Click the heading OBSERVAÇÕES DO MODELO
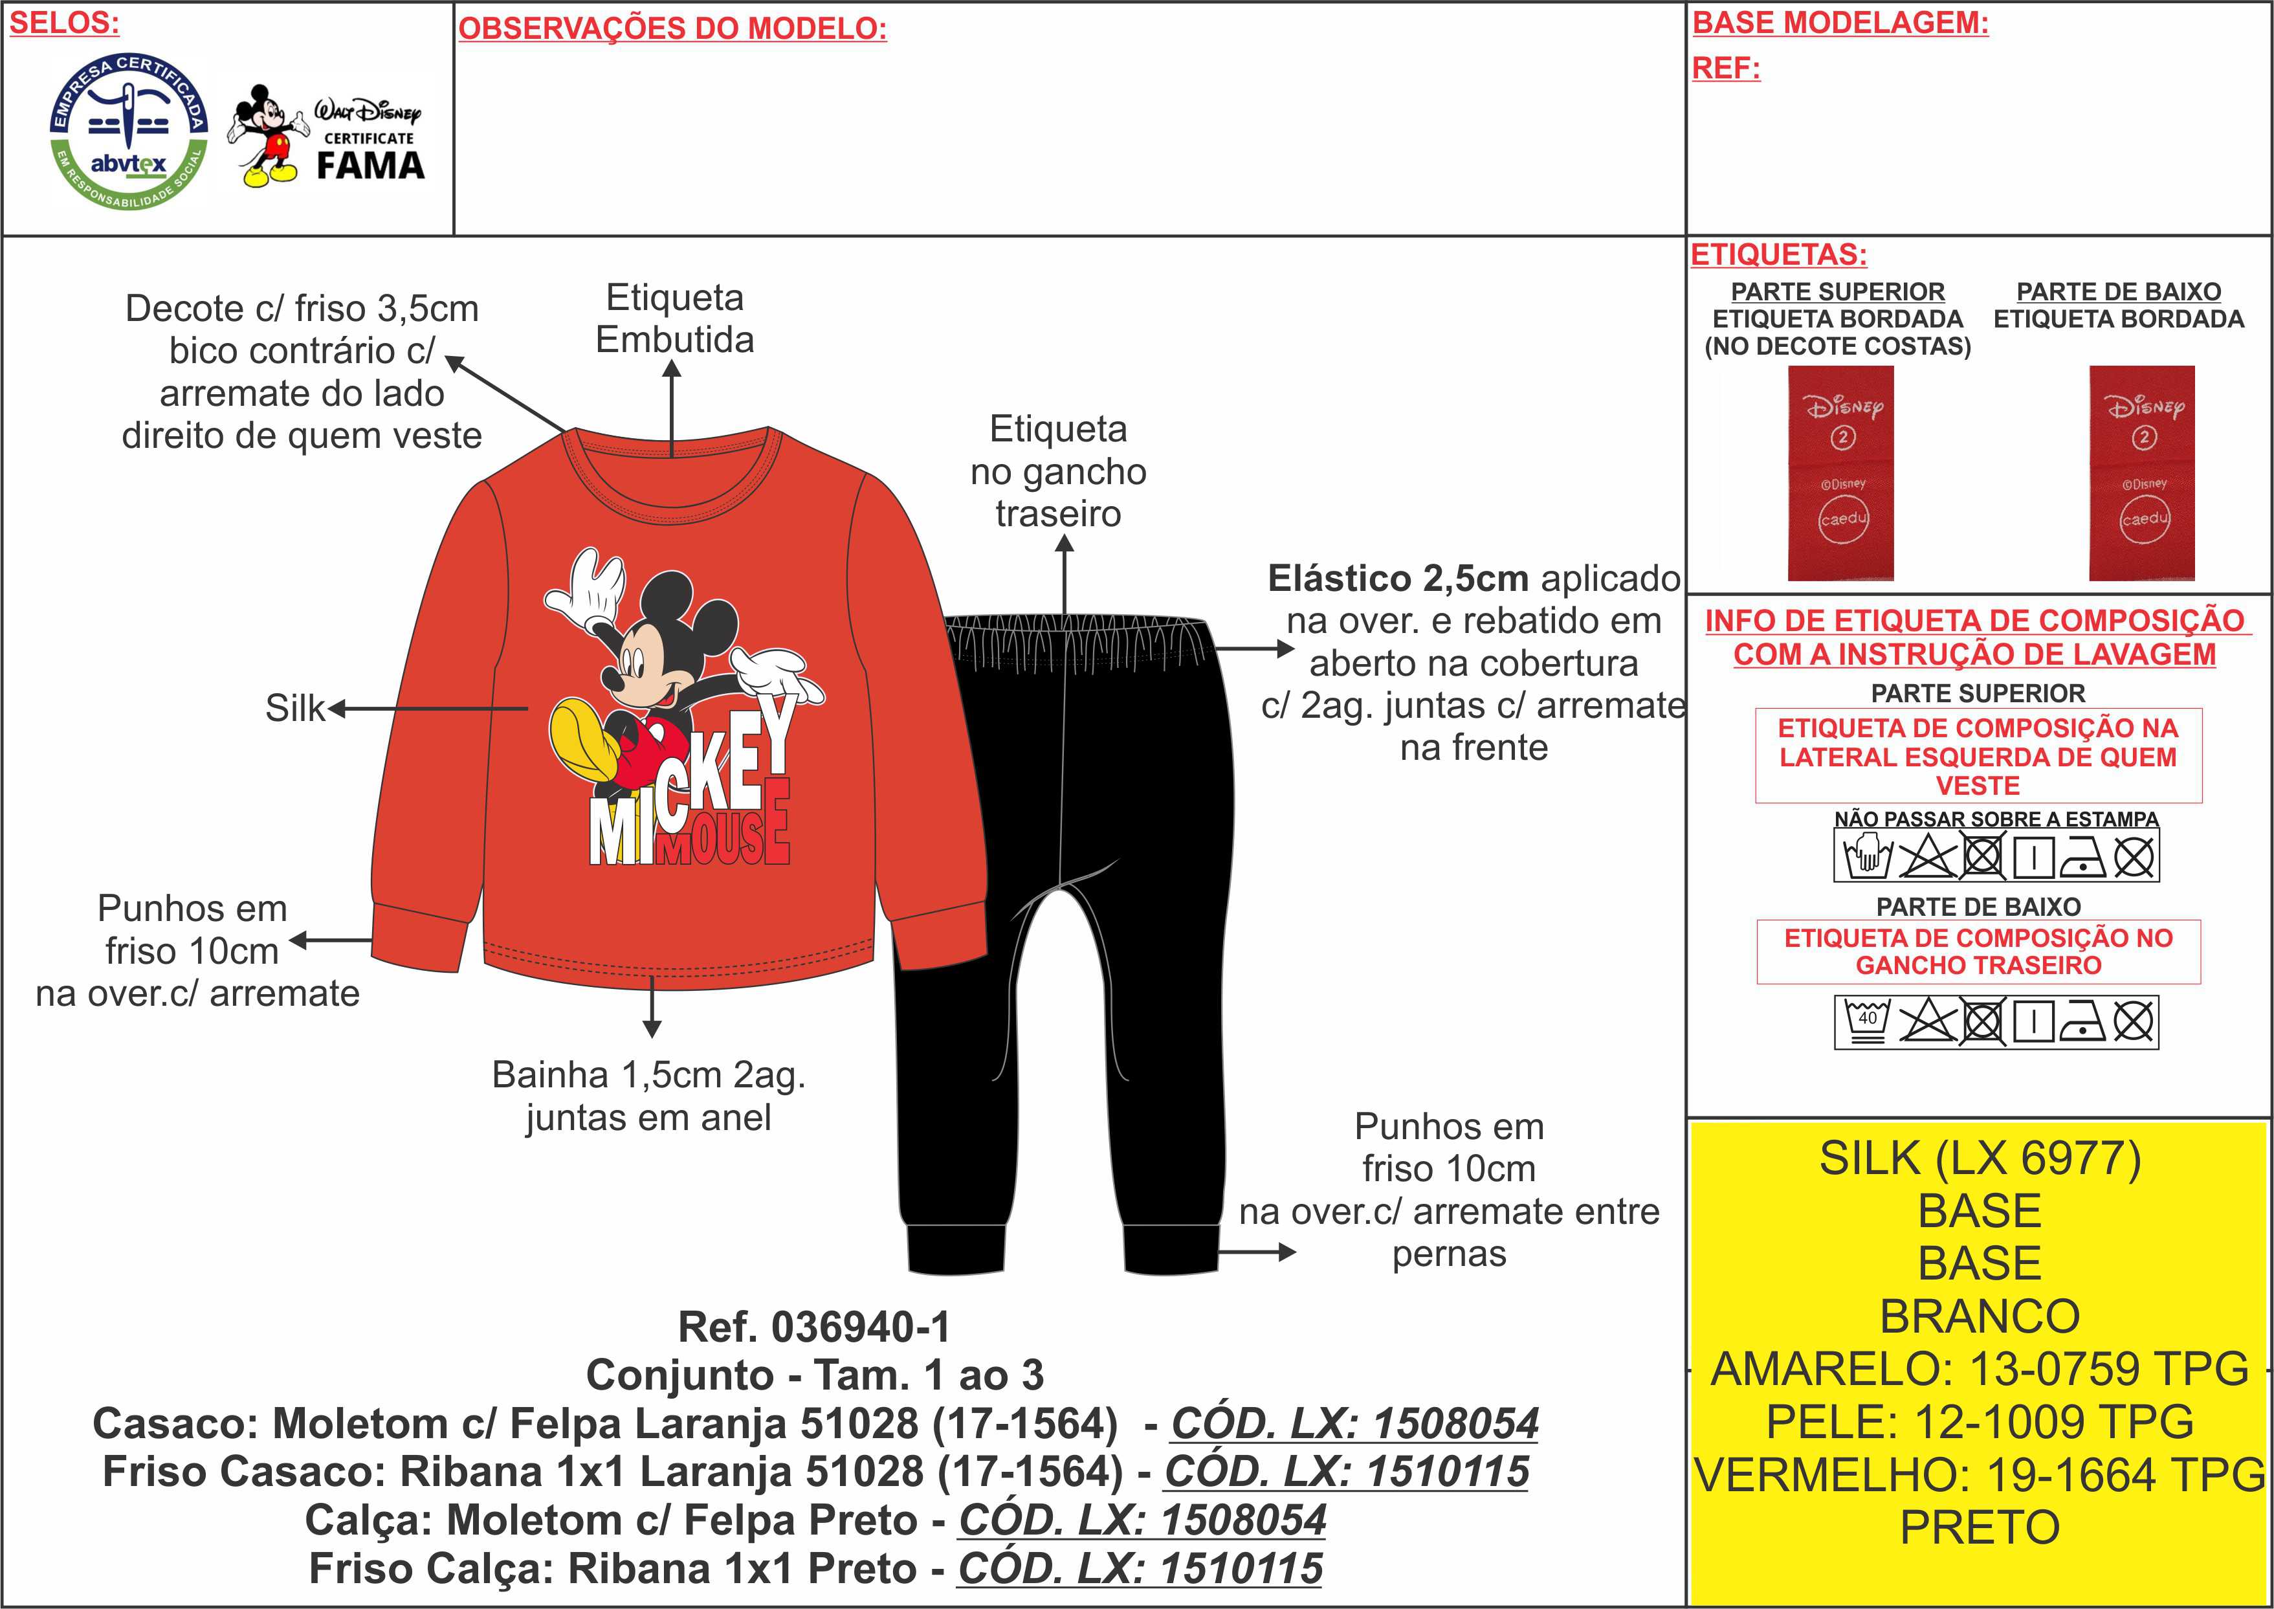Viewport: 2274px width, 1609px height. (672, 28)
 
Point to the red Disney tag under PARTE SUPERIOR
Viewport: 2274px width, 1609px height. (1840, 472)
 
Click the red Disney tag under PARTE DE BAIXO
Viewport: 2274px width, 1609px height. (2141, 472)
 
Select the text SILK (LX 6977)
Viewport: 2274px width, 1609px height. (1980, 1158)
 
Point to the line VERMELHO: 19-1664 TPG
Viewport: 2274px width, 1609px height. (1980, 1475)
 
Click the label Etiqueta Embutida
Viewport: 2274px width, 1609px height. (674, 318)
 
